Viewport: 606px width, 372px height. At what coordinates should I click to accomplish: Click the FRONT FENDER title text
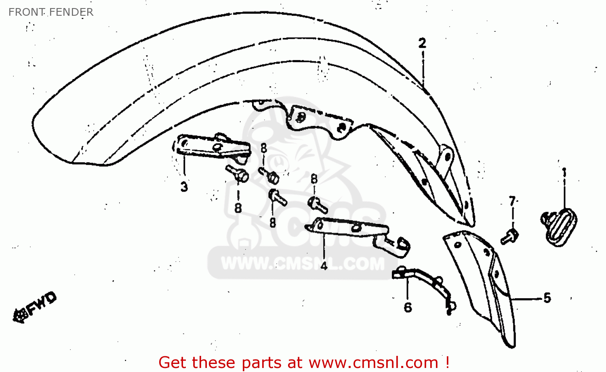click(x=51, y=12)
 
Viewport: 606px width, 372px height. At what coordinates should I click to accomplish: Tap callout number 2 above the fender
click(x=422, y=43)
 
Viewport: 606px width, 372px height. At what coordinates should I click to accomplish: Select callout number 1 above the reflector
click(x=564, y=172)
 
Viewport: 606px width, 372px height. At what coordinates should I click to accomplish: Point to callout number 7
click(x=512, y=201)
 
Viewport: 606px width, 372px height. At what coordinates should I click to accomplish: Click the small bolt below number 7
click(x=510, y=236)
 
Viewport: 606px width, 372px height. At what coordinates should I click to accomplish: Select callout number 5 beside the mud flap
click(x=547, y=298)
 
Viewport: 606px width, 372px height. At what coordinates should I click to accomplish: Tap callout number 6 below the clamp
click(x=408, y=307)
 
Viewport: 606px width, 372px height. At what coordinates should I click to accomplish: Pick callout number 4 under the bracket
click(x=324, y=265)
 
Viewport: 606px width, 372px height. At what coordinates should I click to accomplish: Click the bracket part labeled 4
click(x=356, y=232)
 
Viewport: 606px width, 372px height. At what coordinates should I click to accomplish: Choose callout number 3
click(x=184, y=187)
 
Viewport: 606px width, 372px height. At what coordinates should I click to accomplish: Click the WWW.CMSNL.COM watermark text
click(x=303, y=264)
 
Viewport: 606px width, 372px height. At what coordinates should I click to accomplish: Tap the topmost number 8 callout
click(x=264, y=148)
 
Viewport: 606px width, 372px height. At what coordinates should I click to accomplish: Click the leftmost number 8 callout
click(x=238, y=208)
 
